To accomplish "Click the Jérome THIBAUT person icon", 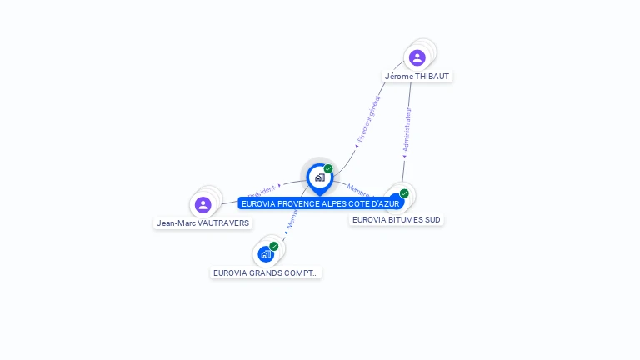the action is click(417, 57).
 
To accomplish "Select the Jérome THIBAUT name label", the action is click(417, 76).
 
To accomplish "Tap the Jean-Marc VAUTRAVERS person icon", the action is click(202, 204).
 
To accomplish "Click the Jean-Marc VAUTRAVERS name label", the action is click(203, 222).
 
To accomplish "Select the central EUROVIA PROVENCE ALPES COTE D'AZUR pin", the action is click(319, 177).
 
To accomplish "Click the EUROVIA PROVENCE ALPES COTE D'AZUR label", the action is click(321, 203).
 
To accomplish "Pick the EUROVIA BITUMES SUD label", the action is click(397, 220).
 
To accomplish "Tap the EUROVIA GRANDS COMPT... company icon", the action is click(265, 253).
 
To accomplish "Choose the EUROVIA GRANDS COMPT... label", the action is click(266, 272).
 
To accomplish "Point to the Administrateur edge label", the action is click(407, 127).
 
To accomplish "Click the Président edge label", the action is click(260, 191).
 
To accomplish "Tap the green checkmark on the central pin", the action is click(328, 168).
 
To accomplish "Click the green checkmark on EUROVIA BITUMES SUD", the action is click(404, 193).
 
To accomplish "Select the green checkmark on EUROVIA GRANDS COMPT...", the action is click(273, 246).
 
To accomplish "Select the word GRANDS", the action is click(267, 272).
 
